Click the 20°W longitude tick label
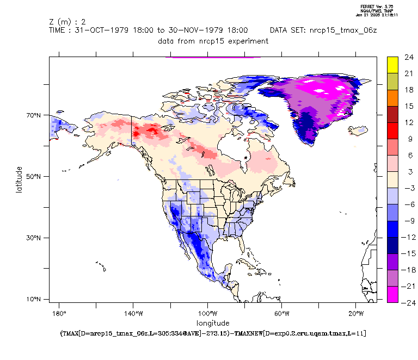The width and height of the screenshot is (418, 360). (x=356, y=314)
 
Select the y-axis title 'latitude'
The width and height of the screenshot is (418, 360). (x=19, y=179)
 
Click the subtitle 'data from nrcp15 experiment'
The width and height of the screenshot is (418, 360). (x=213, y=41)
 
